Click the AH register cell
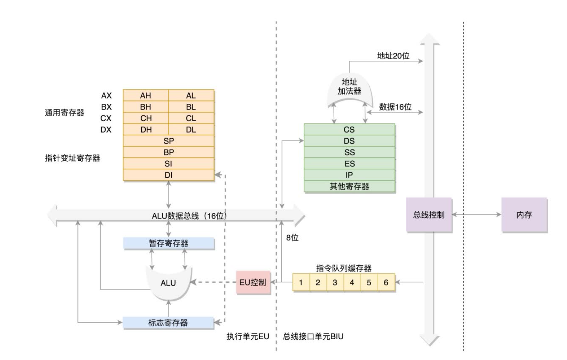point(146,95)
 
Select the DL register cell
point(191,130)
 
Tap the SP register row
point(168,141)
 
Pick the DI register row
point(168,175)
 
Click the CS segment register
point(349,130)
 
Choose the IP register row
point(349,175)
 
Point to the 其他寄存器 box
point(349,187)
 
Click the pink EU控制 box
point(253,283)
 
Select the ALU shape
point(168,283)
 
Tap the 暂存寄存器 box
point(168,243)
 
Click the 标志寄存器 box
point(168,323)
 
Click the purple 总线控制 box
point(429,215)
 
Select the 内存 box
point(524,215)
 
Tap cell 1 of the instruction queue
point(301,283)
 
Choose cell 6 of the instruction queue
point(386,283)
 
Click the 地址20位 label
point(393,56)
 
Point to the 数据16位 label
point(395,107)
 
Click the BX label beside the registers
point(106,107)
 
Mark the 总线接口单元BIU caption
point(313,337)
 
